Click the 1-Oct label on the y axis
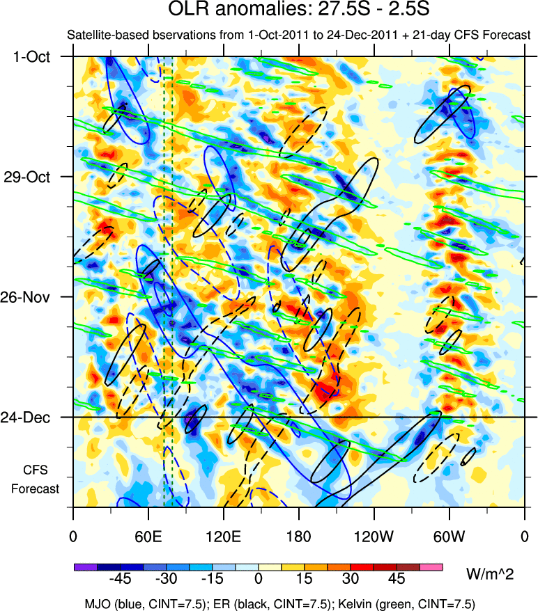tap(32, 56)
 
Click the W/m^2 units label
tap(489, 573)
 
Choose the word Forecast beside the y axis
tap(35, 488)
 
